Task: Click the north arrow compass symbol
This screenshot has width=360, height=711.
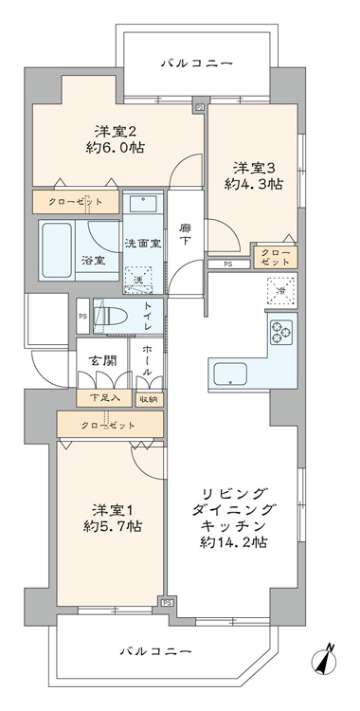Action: [326, 659]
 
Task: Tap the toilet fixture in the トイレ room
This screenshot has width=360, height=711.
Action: [106, 316]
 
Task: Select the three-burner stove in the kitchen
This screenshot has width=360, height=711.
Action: [281, 333]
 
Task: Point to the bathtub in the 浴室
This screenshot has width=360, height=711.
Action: [57, 250]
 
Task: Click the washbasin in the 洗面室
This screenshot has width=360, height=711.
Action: [143, 202]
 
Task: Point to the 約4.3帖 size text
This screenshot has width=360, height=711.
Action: [254, 184]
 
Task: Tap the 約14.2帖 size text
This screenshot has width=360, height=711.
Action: [234, 541]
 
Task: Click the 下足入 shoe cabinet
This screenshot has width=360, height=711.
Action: [105, 398]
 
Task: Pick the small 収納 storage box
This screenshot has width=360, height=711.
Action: [149, 399]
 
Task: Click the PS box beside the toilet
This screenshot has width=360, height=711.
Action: [83, 316]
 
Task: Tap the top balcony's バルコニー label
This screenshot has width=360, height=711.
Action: [197, 63]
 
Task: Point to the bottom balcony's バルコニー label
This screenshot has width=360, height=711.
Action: [155, 652]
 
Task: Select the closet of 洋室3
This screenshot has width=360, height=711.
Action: [276, 257]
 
